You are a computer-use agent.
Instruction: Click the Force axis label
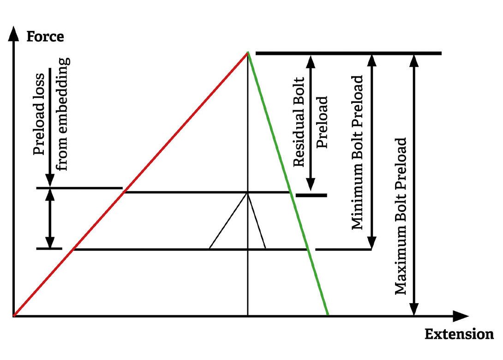[45, 36]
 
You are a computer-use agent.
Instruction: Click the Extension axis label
[459, 334]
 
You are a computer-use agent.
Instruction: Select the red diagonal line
[129, 185]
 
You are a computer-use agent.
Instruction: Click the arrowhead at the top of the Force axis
[14, 34]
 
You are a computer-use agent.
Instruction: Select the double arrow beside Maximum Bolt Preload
[414, 185]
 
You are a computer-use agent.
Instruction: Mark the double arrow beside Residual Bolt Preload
[311, 122]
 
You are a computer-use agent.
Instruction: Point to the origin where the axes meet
[14, 316]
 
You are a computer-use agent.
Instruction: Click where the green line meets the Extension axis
[328, 316]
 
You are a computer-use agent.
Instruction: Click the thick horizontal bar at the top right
[348, 54]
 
